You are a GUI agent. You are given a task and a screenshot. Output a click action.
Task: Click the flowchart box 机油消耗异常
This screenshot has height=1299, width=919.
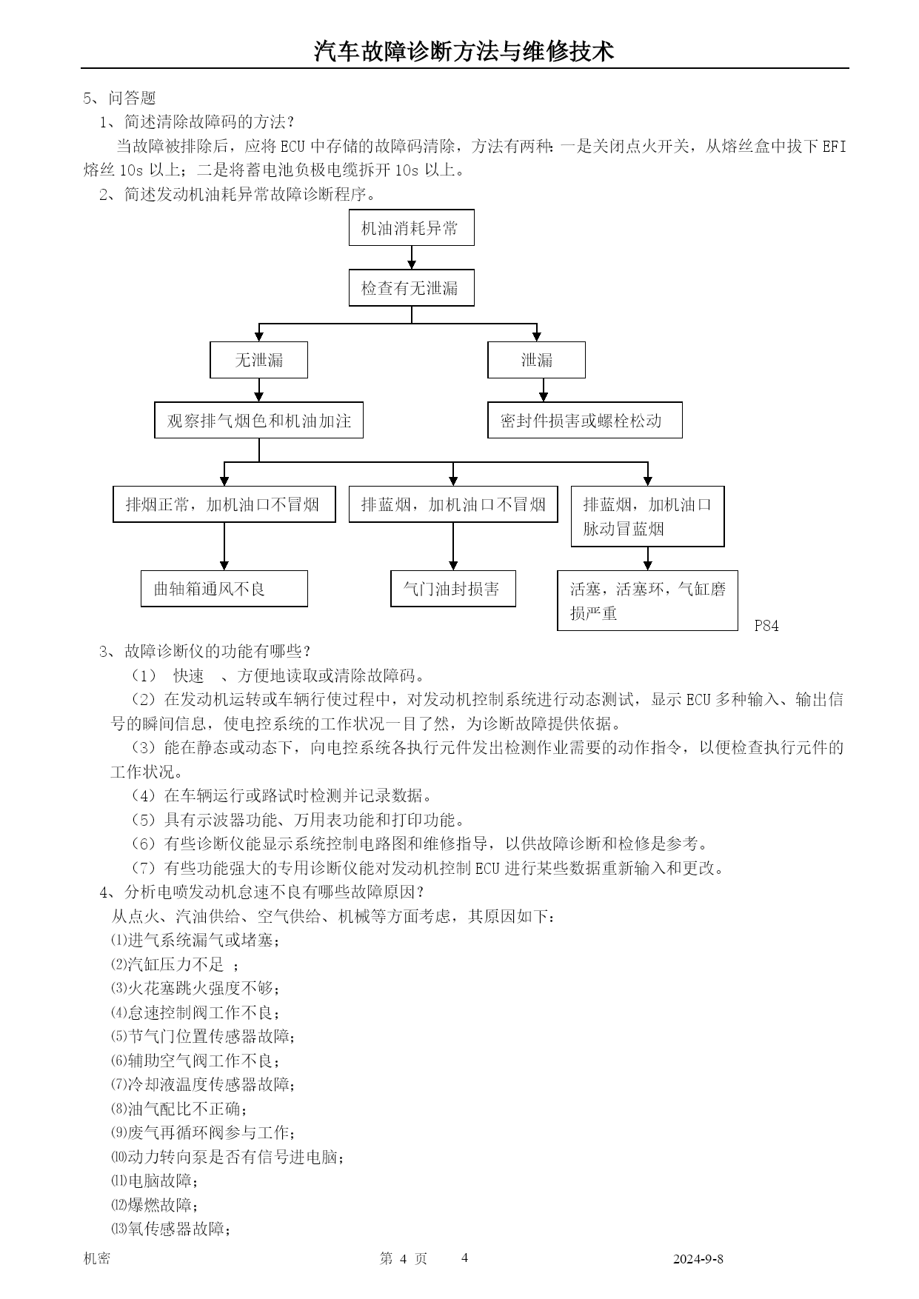point(411,227)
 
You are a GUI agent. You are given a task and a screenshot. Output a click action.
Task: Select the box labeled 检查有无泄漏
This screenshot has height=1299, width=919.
point(411,288)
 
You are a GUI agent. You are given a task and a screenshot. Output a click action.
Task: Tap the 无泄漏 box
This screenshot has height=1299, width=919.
point(258,360)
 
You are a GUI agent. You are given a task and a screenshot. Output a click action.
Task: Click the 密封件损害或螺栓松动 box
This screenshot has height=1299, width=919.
point(584,420)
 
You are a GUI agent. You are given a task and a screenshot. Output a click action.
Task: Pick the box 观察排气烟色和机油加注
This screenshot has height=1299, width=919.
point(258,420)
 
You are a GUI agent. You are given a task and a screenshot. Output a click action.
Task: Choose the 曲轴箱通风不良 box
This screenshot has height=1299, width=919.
point(224,589)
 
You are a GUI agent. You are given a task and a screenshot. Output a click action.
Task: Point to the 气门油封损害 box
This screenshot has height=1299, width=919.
point(452,589)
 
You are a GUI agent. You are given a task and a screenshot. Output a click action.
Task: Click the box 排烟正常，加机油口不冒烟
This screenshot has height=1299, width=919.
point(224,504)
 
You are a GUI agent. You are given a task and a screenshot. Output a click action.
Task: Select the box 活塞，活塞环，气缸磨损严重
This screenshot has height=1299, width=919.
point(647,601)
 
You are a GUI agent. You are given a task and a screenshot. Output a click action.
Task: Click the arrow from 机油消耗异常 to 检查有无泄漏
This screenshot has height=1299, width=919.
point(412,258)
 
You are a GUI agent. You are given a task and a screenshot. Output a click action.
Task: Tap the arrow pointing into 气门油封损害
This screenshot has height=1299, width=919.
point(453,547)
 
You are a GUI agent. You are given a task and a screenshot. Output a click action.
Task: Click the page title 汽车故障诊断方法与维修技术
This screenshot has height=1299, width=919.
point(464,52)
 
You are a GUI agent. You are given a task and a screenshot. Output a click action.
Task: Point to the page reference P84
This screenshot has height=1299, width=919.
point(766,626)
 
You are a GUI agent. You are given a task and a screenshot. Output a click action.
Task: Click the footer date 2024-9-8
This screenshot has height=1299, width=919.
point(698,1259)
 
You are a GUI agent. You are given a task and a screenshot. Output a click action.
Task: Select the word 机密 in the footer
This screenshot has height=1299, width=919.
point(97,1258)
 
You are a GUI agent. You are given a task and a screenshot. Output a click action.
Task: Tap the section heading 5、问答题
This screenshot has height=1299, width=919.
point(119,98)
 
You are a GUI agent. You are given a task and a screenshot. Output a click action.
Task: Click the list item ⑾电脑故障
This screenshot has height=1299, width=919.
point(155,1181)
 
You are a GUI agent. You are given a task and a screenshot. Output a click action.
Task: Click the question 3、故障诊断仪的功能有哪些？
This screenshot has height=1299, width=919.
point(205,651)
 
